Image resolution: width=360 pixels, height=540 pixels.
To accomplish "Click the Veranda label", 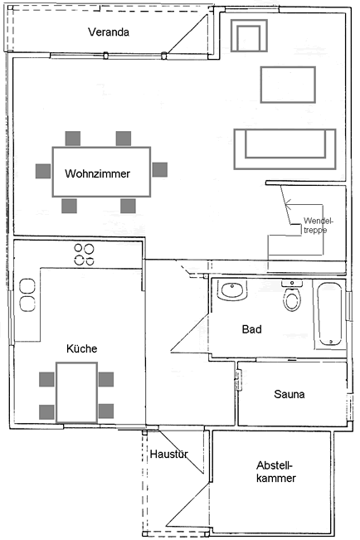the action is [109, 32].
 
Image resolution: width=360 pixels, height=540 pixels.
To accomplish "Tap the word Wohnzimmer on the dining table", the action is [98, 173].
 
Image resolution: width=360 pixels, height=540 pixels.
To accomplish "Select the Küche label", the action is [81, 348].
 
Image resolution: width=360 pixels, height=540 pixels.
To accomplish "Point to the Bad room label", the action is [252, 328].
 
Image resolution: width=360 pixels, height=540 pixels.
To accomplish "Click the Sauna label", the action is [289, 394].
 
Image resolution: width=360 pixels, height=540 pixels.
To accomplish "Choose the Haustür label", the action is [169, 454].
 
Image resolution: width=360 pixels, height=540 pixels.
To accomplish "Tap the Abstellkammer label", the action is [276, 472].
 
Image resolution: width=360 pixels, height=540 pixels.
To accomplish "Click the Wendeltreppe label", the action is [319, 226].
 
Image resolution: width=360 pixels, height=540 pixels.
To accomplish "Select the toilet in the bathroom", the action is [292, 295].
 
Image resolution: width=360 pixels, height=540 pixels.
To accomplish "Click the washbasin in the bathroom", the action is [232, 290].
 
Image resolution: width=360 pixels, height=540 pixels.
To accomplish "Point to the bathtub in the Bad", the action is [329, 314].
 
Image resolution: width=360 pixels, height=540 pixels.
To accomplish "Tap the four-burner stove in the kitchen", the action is [85, 254].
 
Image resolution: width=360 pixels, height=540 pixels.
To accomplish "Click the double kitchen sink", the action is [27, 295].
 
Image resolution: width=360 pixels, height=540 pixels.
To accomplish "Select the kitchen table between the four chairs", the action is [77, 392].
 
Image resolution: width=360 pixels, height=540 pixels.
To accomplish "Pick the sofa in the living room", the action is [285, 149].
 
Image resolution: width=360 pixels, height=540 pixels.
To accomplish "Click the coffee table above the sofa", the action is [288, 85].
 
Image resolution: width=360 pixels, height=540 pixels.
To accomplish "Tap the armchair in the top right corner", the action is [249, 36].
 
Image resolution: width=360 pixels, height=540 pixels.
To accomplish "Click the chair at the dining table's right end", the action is [160, 170].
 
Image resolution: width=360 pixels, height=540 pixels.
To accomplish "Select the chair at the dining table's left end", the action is [43, 171].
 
